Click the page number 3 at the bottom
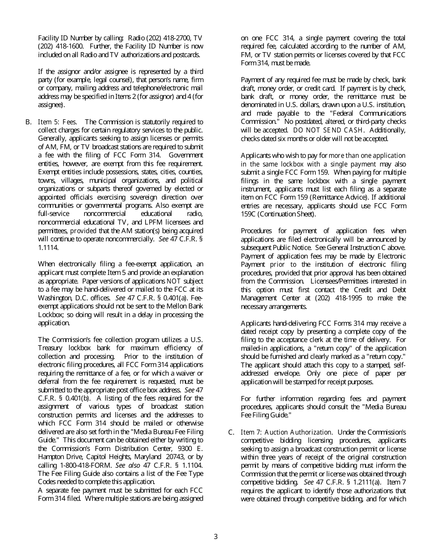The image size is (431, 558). (215, 537)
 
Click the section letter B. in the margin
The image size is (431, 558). (28, 122)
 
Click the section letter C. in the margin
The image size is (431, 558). (231, 432)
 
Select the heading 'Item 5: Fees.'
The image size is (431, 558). (57, 122)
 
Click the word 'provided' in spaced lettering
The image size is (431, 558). (83, 231)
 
